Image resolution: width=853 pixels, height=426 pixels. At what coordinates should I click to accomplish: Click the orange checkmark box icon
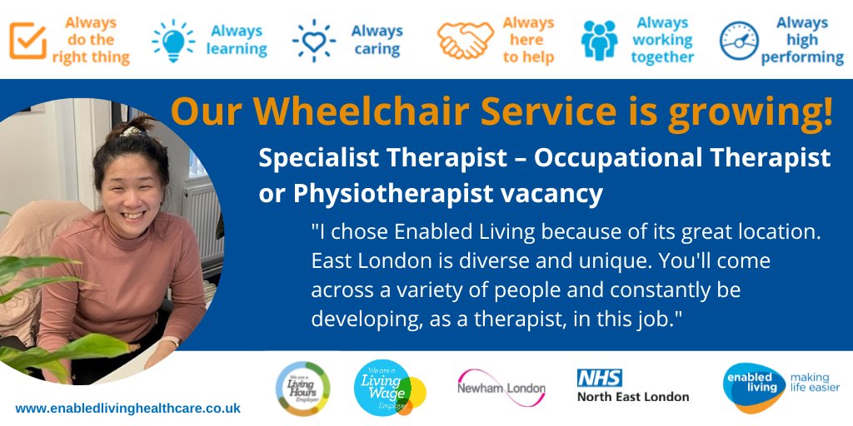pyautogui.click(x=27, y=40)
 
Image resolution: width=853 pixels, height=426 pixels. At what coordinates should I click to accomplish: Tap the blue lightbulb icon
pyautogui.click(x=172, y=40)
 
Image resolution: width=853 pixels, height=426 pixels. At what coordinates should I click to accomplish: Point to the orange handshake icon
pyautogui.click(x=465, y=40)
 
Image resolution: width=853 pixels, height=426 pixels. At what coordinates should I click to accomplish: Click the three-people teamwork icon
pyautogui.click(x=599, y=40)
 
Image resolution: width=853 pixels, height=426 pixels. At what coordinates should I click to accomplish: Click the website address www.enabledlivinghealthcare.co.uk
pyautogui.click(x=127, y=409)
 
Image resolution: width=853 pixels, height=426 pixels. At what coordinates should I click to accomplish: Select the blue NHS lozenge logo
pyautogui.click(x=599, y=378)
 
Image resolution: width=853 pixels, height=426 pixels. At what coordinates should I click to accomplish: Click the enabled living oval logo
pyautogui.click(x=753, y=387)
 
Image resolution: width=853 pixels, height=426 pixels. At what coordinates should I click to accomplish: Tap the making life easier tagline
pyautogui.click(x=814, y=382)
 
